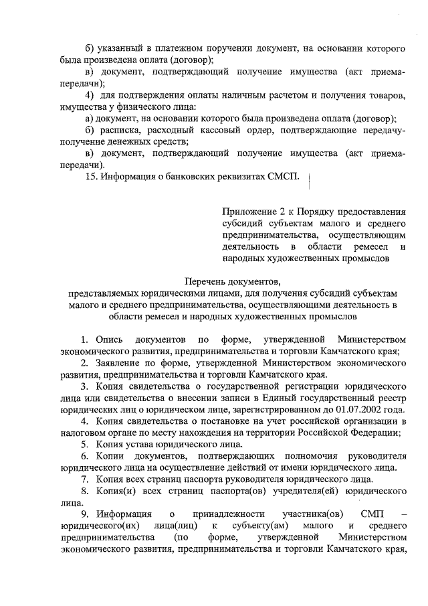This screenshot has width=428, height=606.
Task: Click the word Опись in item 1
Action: coord(108,339)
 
